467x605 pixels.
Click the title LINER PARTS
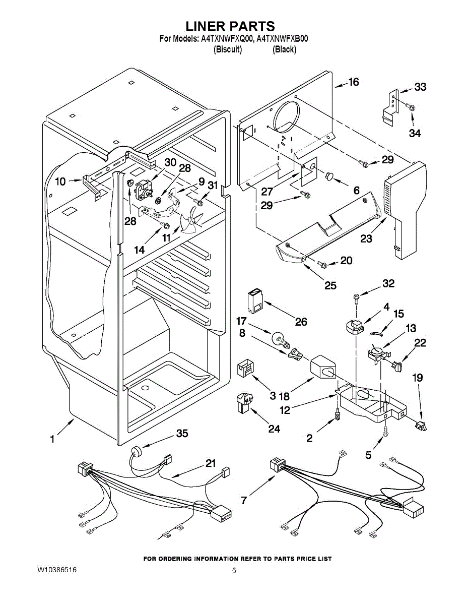click(230, 26)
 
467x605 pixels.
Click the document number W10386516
click(57, 570)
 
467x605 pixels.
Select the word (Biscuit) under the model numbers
click(228, 49)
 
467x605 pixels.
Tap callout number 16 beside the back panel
click(354, 82)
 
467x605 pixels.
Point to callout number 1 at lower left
click(52, 439)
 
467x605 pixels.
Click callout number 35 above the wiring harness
click(182, 433)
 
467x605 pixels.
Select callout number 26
click(301, 322)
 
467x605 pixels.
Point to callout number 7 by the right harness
click(244, 500)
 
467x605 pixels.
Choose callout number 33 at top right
click(420, 87)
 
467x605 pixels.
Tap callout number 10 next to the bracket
click(60, 181)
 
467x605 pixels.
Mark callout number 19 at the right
click(417, 378)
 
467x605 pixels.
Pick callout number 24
click(274, 429)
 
